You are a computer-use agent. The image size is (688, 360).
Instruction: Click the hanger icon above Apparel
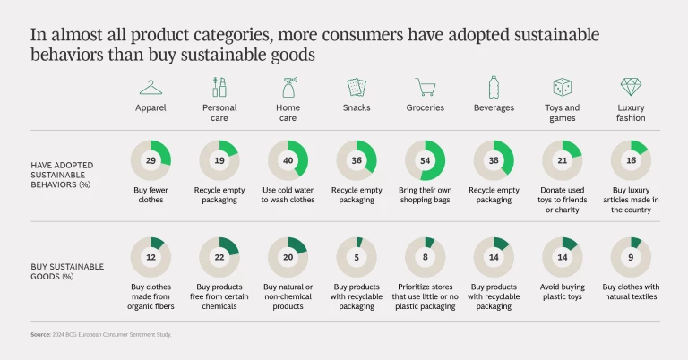[x=151, y=87]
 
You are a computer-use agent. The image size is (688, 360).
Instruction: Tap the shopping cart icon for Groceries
[x=426, y=87]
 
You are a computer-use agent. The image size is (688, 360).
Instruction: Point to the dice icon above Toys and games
[x=563, y=87]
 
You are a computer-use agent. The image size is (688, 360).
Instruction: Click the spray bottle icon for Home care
[x=288, y=87]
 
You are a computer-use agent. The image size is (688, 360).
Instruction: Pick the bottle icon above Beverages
[x=494, y=87]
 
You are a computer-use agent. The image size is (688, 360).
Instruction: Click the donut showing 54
[x=426, y=160]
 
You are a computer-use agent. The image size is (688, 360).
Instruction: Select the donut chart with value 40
[x=288, y=160]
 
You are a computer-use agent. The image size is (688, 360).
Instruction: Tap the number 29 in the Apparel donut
[x=151, y=160]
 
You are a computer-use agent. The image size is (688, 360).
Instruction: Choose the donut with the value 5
[x=357, y=257]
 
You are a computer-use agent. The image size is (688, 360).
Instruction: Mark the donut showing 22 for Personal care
[x=219, y=257]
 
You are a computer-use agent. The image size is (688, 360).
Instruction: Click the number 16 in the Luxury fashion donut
[x=631, y=160]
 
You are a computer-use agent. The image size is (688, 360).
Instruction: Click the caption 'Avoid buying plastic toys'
[x=563, y=291]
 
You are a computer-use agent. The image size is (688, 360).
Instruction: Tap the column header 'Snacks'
[x=357, y=107]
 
